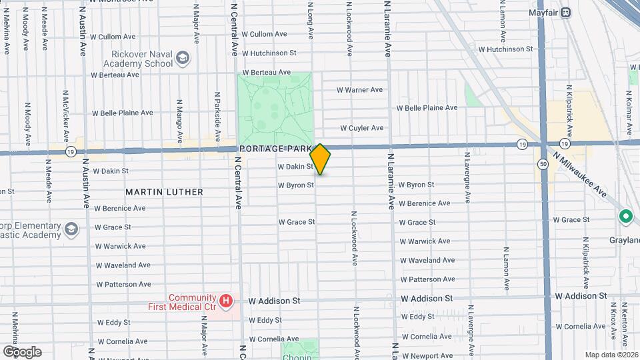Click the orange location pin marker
coord(321,159)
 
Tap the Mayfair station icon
coord(566,11)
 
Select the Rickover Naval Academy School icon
coord(182,59)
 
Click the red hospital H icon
coord(227,301)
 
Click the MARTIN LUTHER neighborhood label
coord(164,192)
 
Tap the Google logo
coord(22,351)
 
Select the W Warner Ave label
coord(359,89)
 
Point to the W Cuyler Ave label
coord(361,128)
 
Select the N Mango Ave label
coord(179,121)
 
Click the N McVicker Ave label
coord(66,117)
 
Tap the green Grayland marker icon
coord(625,217)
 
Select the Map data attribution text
coord(611,354)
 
